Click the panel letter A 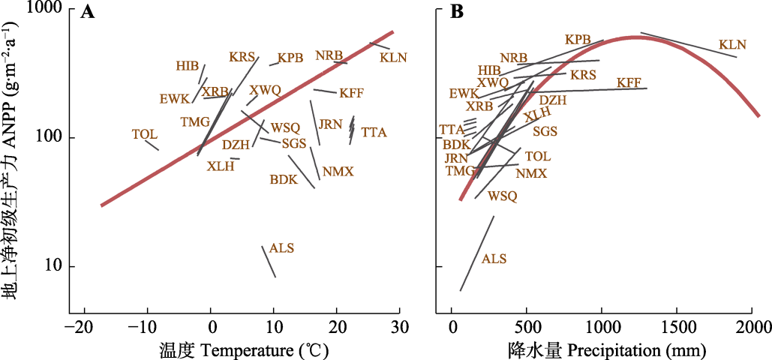(x=87, y=13)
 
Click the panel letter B (x=455, y=13)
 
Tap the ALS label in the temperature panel (x=282, y=248)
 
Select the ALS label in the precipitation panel (x=494, y=259)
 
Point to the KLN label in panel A (x=393, y=57)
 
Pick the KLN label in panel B (x=732, y=45)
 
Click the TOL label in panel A (x=145, y=134)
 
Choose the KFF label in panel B (x=629, y=82)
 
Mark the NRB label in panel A (x=329, y=56)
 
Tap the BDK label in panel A (x=284, y=180)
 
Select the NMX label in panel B (x=531, y=174)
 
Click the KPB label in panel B (x=578, y=39)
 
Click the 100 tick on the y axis (x=48, y=138)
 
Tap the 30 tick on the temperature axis (x=400, y=328)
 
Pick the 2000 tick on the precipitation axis (x=752, y=328)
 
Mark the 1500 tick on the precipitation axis (x=677, y=328)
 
